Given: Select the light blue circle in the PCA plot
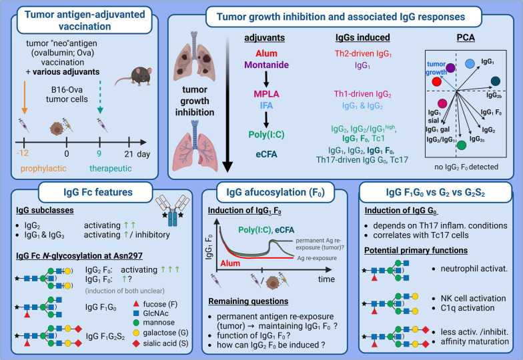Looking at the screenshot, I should click(x=469, y=63).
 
